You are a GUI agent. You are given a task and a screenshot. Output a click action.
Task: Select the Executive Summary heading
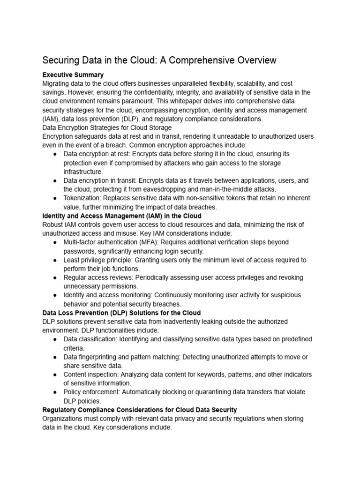point(73,75)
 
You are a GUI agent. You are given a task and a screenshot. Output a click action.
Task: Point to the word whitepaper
point(223,101)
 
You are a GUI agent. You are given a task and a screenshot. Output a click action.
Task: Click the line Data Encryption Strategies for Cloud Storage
point(107,127)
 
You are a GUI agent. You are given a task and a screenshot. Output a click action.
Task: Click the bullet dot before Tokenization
point(55,198)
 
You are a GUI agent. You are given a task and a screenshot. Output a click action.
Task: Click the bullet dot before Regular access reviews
point(55,277)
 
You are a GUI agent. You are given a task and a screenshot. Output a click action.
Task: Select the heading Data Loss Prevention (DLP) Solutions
point(121,313)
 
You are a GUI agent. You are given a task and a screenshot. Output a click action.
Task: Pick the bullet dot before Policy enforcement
point(55,392)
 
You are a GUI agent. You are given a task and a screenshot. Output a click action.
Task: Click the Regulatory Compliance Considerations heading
point(140,410)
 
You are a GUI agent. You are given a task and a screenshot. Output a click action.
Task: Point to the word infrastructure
point(83,172)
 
